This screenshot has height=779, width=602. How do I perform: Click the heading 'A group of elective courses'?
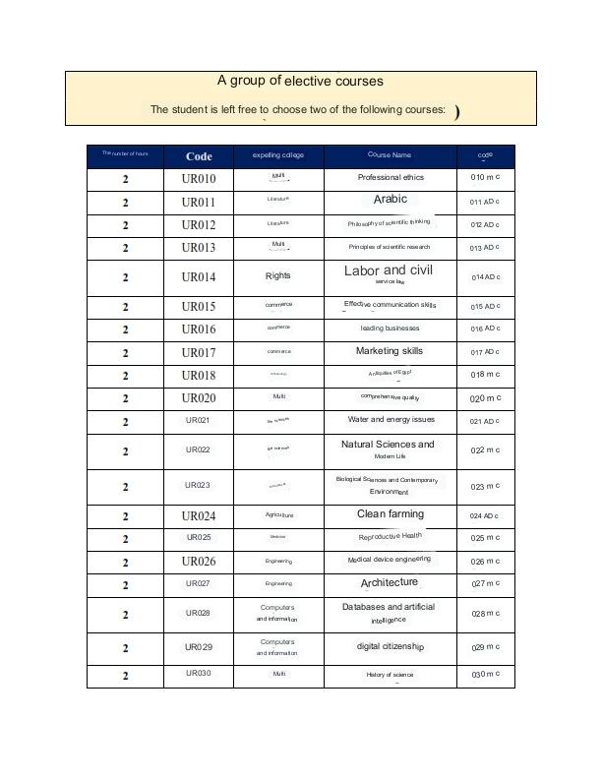(x=300, y=81)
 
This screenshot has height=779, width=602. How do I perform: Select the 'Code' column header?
(x=199, y=155)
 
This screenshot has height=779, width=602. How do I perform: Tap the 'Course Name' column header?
(x=390, y=155)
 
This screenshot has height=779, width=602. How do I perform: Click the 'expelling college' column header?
(x=278, y=155)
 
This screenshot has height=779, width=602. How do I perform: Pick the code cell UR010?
(x=199, y=178)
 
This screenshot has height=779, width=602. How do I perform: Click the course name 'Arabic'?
(x=391, y=199)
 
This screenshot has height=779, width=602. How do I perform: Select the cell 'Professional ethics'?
(x=391, y=177)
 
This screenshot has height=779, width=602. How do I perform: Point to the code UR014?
(x=199, y=277)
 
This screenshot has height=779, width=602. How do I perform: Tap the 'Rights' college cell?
(x=278, y=276)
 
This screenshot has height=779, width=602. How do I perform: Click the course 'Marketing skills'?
(x=390, y=351)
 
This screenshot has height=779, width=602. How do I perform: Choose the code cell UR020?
(x=199, y=398)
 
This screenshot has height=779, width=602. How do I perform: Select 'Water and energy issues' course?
(x=391, y=420)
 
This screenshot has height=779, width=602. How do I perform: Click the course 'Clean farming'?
(x=391, y=514)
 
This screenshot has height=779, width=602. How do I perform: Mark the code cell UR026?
(x=199, y=562)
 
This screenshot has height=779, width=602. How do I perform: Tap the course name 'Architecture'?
(x=390, y=583)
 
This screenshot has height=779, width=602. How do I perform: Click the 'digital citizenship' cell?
(x=391, y=646)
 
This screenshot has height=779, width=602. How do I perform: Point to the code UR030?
(x=199, y=674)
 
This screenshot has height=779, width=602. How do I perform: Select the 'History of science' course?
(x=391, y=675)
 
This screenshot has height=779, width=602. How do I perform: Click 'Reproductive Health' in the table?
(x=391, y=537)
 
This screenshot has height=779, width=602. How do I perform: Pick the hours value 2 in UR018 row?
(x=126, y=376)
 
